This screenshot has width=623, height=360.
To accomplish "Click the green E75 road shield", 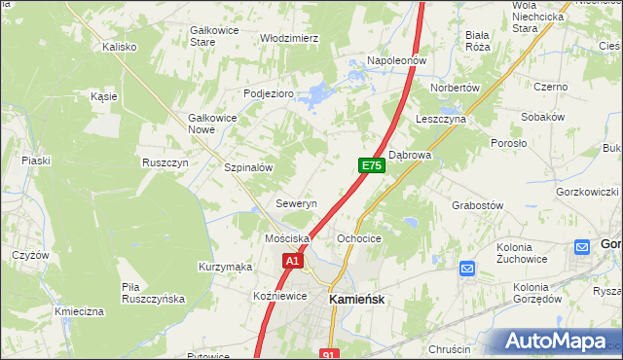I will (x=371, y=166).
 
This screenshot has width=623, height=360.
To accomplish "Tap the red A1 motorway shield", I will (x=293, y=261).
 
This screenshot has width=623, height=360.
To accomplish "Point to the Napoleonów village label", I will (x=397, y=60).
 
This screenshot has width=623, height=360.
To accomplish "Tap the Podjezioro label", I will (x=268, y=93).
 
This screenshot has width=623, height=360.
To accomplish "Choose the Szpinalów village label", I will (x=247, y=167).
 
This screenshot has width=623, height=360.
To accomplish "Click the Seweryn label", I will (x=296, y=204).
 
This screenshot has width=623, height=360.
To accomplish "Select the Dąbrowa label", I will (x=410, y=155).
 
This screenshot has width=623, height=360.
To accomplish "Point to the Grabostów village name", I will (x=477, y=205).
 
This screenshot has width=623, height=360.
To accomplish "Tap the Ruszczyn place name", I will (x=165, y=162).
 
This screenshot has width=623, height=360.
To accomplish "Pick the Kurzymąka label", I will (x=225, y=267).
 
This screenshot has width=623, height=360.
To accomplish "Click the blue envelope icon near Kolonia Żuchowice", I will (x=466, y=269).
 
